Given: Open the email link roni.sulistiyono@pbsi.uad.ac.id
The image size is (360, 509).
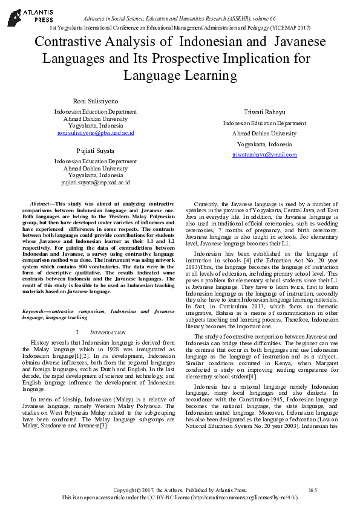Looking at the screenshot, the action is coord(96,132).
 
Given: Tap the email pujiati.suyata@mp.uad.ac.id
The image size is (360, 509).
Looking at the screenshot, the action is coord(95,182).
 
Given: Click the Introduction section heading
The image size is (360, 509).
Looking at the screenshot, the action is coord(108,333).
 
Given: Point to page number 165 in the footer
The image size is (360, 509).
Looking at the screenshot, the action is coord(312,489).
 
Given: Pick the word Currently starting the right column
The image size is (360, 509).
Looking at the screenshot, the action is coord(207,205).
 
